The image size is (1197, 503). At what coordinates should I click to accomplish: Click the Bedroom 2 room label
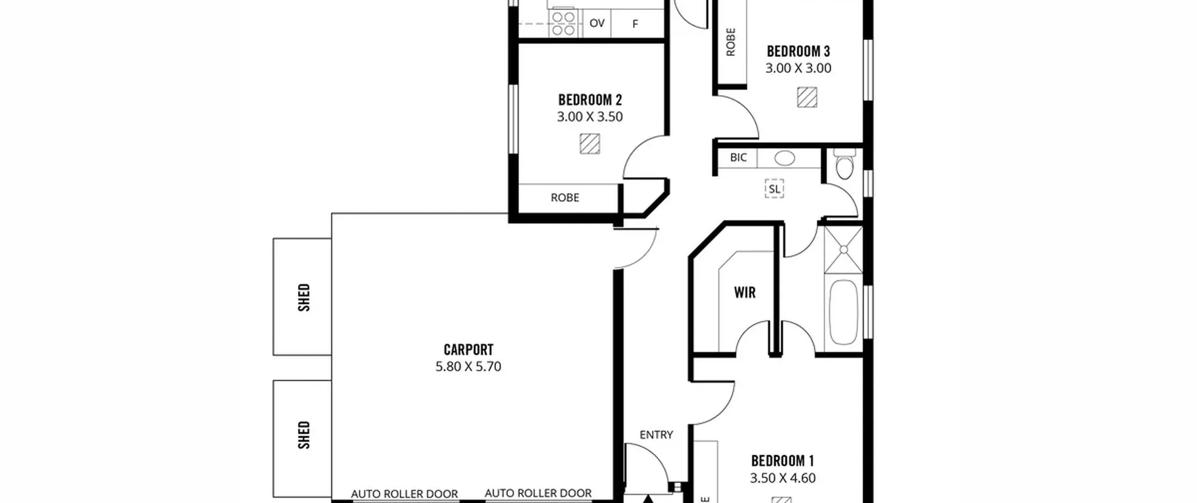click(x=590, y=100)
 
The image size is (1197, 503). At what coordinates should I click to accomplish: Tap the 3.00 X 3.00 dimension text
click(x=798, y=68)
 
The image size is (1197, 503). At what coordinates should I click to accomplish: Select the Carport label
click(x=469, y=350)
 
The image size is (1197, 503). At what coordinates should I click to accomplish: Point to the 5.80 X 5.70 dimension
click(x=469, y=366)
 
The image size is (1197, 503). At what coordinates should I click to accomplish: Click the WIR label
click(x=745, y=292)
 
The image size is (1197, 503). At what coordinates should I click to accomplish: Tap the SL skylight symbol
click(x=774, y=189)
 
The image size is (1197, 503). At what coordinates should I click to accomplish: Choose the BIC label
click(x=739, y=157)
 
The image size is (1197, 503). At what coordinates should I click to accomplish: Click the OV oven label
click(x=597, y=23)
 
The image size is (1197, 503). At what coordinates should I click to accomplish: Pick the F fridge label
click(x=635, y=23)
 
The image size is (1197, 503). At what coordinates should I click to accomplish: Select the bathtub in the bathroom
click(x=844, y=312)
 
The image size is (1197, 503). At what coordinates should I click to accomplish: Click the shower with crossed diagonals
click(x=844, y=250)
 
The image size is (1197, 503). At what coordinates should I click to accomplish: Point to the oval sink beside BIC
click(x=785, y=158)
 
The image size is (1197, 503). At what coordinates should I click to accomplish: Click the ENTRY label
click(x=656, y=435)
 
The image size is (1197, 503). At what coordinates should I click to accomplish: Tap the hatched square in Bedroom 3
click(x=807, y=97)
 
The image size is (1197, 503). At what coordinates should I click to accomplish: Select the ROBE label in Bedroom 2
click(x=565, y=197)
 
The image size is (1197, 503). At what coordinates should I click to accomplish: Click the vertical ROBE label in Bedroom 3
click(x=731, y=42)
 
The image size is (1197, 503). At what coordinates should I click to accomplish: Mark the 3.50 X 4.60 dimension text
click(x=783, y=478)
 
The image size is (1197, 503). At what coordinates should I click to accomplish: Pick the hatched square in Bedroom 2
click(x=590, y=144)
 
